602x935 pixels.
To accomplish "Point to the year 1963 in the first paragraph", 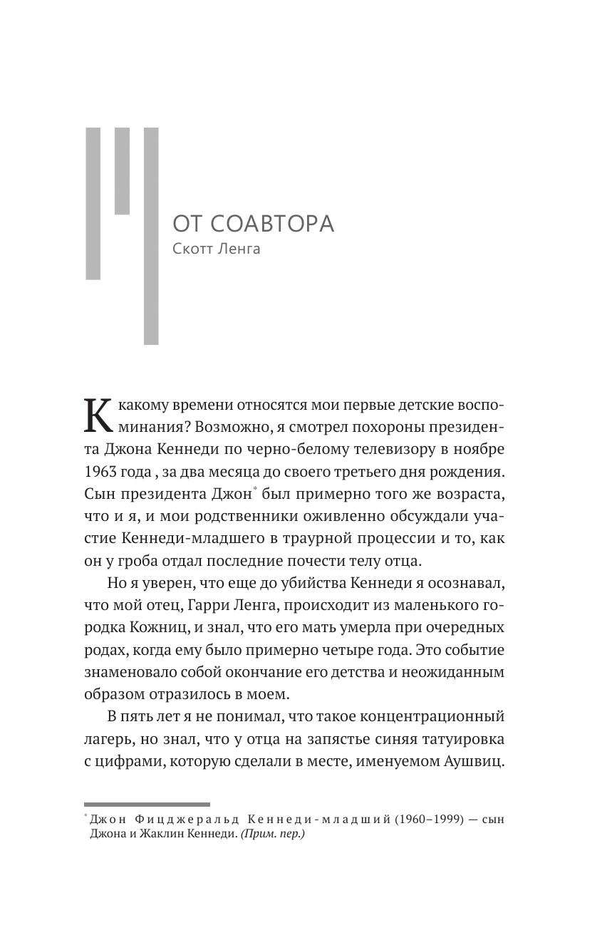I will point(100,472).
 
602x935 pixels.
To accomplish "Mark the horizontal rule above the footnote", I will point(147,804).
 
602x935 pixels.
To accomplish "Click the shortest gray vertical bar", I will point(122,171).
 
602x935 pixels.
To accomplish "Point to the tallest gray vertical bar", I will point(151,236).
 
